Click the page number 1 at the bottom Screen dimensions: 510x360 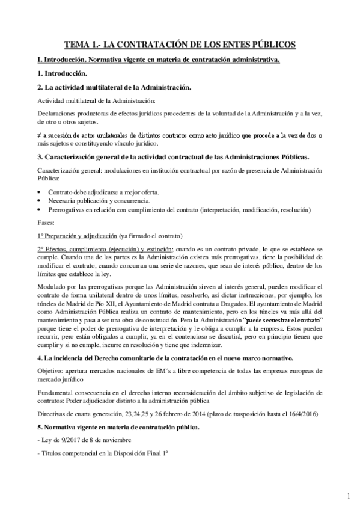pyautogui.click(x=348, y=497)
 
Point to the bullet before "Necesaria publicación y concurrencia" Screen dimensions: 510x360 pyautogui.click(x=39, y=200)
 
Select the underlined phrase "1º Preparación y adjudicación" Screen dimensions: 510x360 pyautogui.click(x=78, y=235)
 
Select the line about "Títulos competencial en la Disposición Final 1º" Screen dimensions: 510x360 pyautogui.click(x=97, y=454)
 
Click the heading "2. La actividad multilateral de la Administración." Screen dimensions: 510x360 pyautogui.click(x=114, y=87)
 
